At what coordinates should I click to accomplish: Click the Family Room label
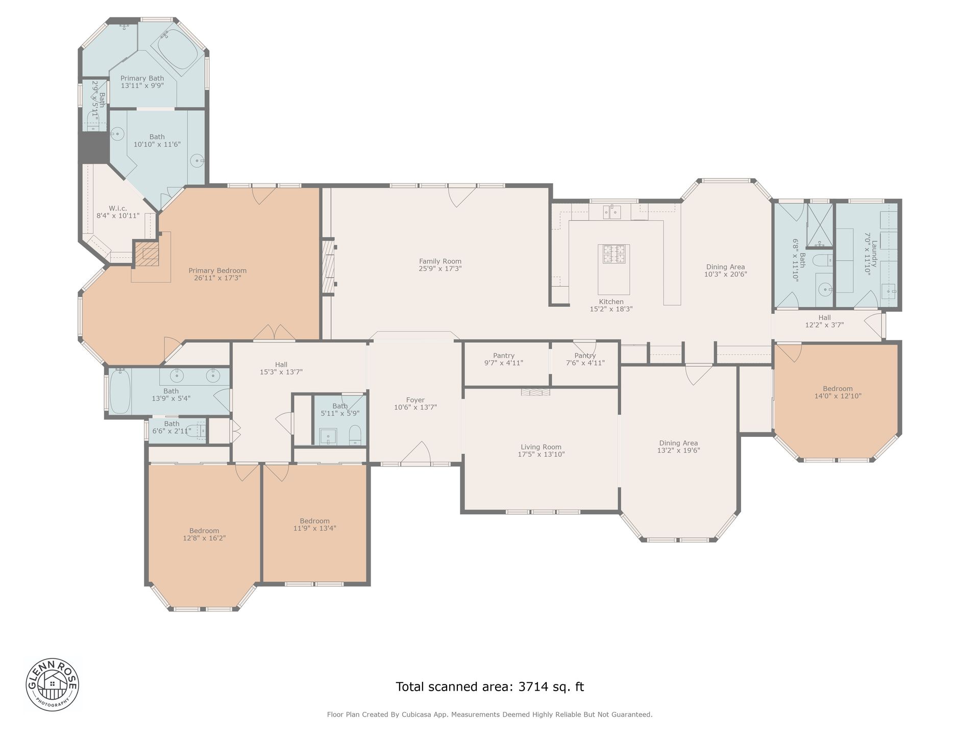coord(440,265)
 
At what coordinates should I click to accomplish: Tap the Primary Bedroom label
coord(217,275)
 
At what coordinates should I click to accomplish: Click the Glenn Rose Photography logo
coord(53,684)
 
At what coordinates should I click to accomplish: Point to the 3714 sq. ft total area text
coord(489,687)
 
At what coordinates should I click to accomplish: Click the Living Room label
coord(541,451)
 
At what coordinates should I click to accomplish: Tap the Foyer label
coord(415,404)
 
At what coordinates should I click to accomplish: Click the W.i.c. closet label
coord(118,212)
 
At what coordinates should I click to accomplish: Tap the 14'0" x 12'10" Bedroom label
coord(838,392)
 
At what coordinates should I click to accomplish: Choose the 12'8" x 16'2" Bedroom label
coord(204,534)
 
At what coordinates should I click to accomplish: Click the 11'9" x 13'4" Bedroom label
coord(315,525)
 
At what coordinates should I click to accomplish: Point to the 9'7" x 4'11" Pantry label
coord(504,359)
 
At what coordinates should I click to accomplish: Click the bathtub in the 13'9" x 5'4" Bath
coord(120,391)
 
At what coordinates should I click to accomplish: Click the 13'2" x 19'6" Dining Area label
coord(678,447)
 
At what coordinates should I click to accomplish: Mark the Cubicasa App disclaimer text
coord(489,715)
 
